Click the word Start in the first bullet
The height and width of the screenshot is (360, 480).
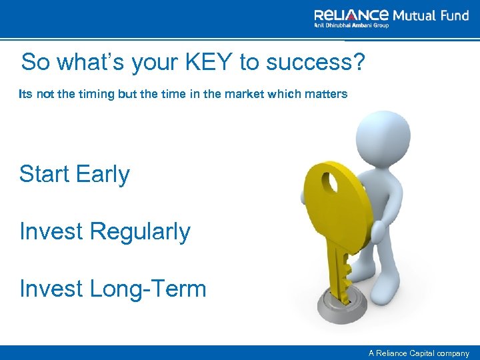coord(44,174)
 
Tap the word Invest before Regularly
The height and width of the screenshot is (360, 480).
coord(51,232)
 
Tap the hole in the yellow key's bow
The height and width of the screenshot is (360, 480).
coord(331,183)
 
